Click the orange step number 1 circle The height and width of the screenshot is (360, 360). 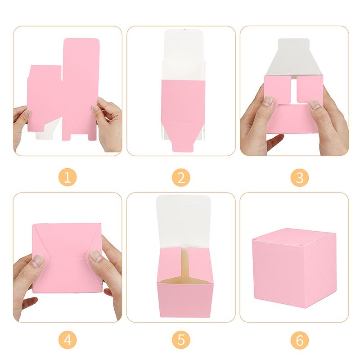67,178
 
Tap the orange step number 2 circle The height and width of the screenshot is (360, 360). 181,178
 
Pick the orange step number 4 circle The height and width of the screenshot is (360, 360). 67,340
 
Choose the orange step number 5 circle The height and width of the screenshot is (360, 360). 181,340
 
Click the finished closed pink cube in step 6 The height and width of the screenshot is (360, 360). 294,270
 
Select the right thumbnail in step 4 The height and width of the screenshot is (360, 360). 95,256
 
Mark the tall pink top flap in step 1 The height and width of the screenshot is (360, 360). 81,58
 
